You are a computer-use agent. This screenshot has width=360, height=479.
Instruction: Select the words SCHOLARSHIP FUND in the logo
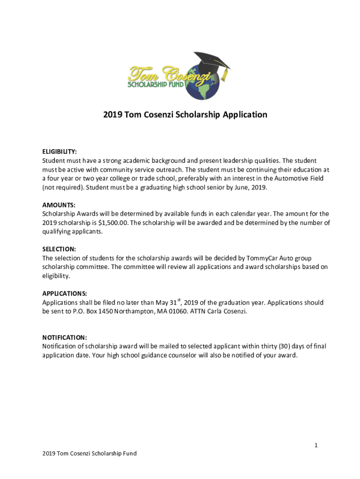[156, 85]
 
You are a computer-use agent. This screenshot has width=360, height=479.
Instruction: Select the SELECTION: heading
[59, 249]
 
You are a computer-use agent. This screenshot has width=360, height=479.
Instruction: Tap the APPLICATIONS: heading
[65, 293]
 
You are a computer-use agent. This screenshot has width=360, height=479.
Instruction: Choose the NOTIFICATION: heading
[65, 337]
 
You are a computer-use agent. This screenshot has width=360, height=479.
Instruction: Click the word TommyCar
[249, 258]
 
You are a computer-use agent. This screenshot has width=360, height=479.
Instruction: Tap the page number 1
[316, 445]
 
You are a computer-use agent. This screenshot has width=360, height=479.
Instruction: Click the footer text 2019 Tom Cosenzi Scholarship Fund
[89, 453]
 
